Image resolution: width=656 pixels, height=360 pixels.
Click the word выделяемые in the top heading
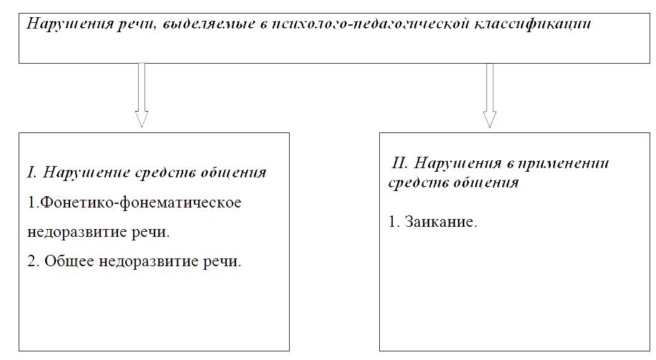(x=207, y=24)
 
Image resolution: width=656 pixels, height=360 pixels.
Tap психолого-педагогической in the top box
(x=369, y=24)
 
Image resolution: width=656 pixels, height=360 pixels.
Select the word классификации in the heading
(x=532, y=24)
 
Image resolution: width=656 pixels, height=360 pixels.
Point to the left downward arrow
(x=142, y=94)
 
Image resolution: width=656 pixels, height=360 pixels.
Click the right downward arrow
(x=489, y=95)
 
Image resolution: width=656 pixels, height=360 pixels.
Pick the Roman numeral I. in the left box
(x=31, y=172)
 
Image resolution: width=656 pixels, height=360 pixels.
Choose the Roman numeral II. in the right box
(x=400, y=162)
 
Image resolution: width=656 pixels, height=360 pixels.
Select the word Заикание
(x=441, y=221)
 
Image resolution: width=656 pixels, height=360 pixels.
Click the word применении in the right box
(x=563, y=163)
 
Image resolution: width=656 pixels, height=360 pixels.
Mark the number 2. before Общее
(x=33, y=261)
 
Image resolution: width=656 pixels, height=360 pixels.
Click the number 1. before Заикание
(x=394, y=221)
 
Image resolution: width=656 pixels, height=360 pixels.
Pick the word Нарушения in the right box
(x=458, y=163)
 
